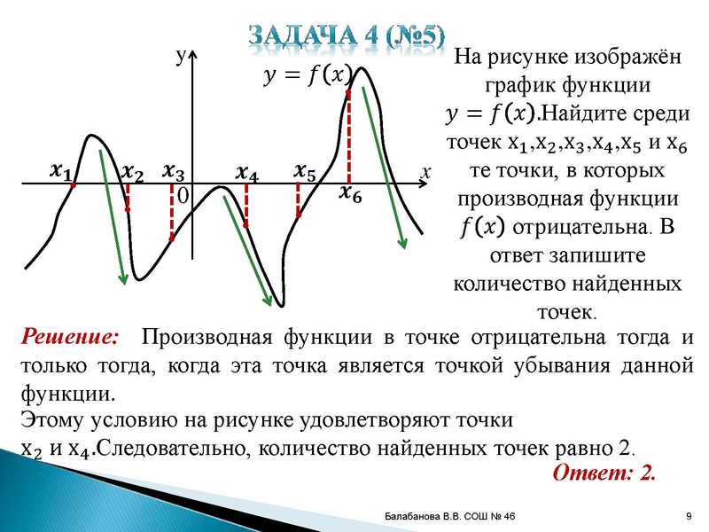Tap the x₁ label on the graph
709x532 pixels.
(61, 168)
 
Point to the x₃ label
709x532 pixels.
(175, 171)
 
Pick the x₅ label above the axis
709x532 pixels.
(304, 170)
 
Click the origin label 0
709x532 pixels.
(183, 196)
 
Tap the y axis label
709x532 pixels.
(180, 56)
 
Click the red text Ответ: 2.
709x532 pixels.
(604, 472)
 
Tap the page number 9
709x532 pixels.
(688, 517)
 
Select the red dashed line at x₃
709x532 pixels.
(172, 213)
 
